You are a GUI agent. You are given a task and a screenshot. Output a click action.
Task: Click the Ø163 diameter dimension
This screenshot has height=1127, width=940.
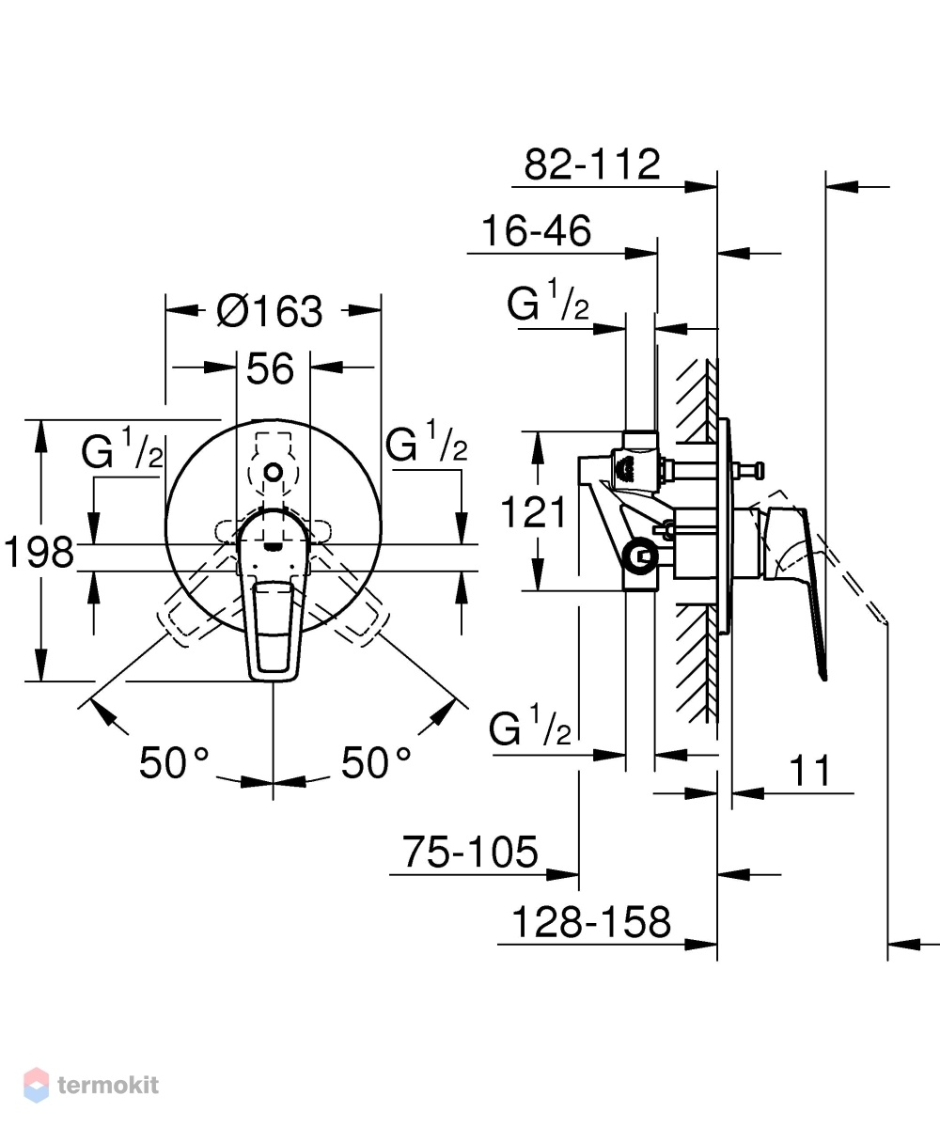click(270, 312)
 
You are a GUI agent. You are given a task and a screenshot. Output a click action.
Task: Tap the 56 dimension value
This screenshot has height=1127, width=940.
click(270, 368)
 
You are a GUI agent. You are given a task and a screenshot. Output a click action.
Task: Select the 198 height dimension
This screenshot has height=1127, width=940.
click(39, 553)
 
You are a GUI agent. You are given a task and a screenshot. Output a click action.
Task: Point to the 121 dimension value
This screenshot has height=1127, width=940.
click(533, 512)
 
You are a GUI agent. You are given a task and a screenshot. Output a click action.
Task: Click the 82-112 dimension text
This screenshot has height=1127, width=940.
click(592, 164)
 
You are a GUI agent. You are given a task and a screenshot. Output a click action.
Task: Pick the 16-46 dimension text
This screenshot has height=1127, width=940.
click(536, 230)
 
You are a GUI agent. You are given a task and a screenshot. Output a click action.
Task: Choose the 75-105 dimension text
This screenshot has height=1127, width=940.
click(470, 852)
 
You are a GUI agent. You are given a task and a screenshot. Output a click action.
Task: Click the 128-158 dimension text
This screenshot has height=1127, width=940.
click(591, 921)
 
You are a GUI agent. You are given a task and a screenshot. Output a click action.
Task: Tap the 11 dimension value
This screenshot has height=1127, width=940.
click(810, 771)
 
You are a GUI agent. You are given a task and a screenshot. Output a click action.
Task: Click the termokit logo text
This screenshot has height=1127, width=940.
click(108, 1085)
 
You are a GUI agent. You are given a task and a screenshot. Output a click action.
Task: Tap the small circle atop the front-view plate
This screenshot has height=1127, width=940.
click(274, 472)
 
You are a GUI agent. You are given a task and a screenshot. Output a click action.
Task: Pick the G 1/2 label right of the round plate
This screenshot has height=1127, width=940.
click(427, 442)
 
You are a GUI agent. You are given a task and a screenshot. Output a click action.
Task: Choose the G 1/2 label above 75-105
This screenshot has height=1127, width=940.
click(529, 726)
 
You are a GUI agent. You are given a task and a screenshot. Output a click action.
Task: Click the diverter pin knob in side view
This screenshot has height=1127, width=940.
click(756, 472)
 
